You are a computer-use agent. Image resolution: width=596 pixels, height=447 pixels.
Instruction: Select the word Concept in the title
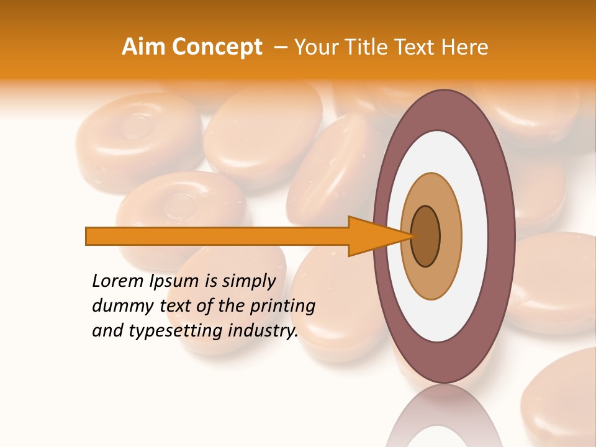[216, 47]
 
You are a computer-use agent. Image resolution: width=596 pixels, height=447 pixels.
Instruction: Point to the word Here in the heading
[464, 47]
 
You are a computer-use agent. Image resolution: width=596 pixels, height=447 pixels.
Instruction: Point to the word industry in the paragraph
[261, 331]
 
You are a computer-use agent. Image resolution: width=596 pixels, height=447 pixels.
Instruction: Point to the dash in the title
[281, 47]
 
